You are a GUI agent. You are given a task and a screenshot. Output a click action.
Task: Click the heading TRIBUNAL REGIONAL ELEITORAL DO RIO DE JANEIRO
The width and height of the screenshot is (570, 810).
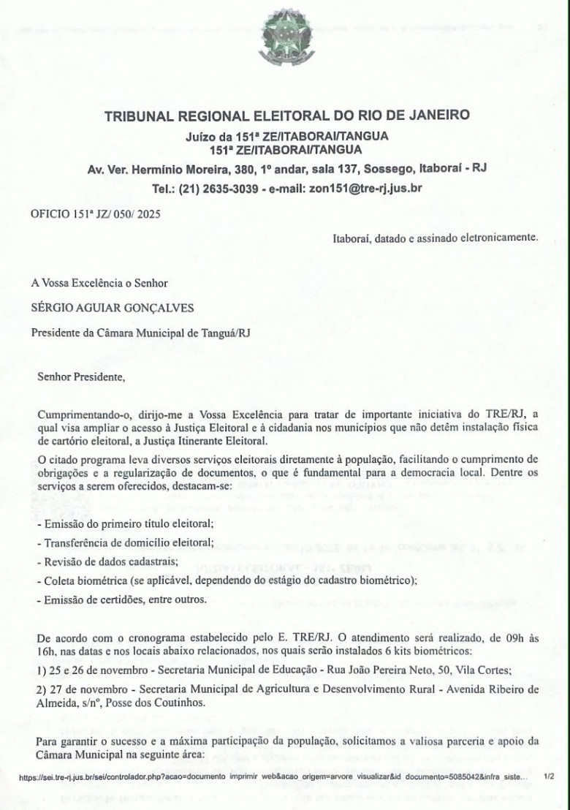pos(287,116)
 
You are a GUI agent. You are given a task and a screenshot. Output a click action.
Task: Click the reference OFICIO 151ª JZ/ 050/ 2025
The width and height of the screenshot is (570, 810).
pos(96,215)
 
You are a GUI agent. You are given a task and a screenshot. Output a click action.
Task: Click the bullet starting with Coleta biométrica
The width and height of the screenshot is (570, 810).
pos(227,580)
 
